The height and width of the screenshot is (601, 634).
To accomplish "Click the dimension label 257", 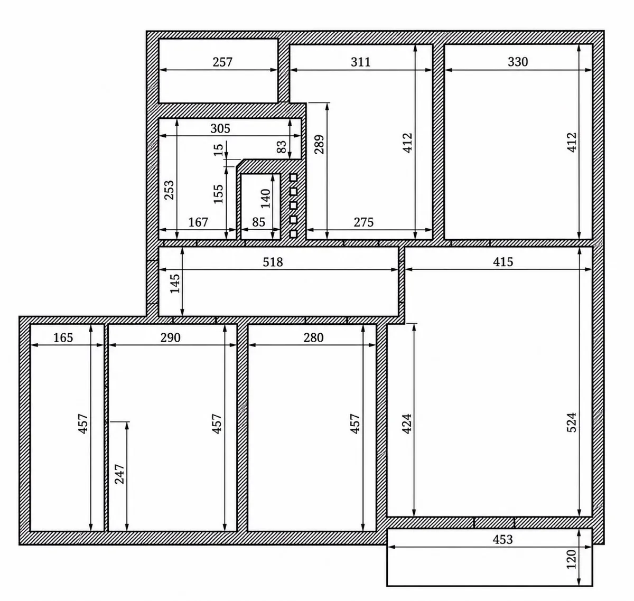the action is click(x=222, y=62).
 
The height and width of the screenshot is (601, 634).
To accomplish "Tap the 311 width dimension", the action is click(x=360, y=62).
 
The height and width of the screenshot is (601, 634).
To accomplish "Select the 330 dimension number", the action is click(x=518, y=62).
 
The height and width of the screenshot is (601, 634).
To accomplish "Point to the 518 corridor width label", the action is click(x=273, y=262).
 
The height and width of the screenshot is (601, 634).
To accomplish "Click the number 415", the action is click(x=503, y=262).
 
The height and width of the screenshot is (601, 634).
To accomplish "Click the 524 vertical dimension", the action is click(x=571, y=422).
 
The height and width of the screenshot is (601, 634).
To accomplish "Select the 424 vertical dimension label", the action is click(x=407, y=424).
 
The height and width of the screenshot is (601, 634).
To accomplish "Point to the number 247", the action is click(x=119, y=474).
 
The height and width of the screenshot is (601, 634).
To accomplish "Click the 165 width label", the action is click(x=63, y=337).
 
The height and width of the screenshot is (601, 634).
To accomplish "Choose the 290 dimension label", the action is click(x=170, y=337).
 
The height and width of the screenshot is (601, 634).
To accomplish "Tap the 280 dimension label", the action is click(x=313, y=337).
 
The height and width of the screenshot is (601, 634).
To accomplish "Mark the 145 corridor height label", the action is click(x=175, y=284).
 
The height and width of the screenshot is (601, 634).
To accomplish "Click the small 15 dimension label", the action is click(x=218, y=149).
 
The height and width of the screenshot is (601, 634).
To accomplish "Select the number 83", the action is click(x=281, y=147).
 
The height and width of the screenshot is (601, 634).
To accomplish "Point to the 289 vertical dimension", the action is click(x=319, y=145).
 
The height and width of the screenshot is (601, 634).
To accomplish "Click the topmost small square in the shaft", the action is click(x=293, y=177).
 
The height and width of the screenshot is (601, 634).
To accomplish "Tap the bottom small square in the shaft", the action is click(x=293, y=234).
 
